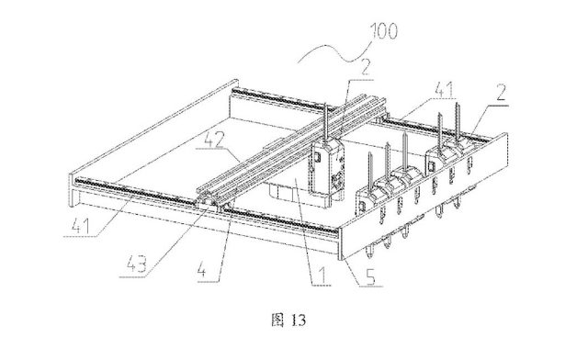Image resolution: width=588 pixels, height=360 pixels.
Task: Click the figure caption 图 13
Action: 293,321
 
